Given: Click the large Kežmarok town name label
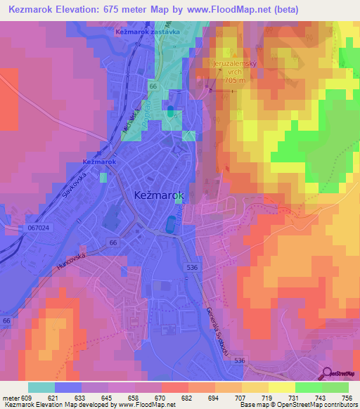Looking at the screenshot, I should click(159, 197).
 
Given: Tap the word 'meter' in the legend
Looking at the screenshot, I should click(10, 396).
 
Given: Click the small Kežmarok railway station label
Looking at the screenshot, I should click(98, 162).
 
